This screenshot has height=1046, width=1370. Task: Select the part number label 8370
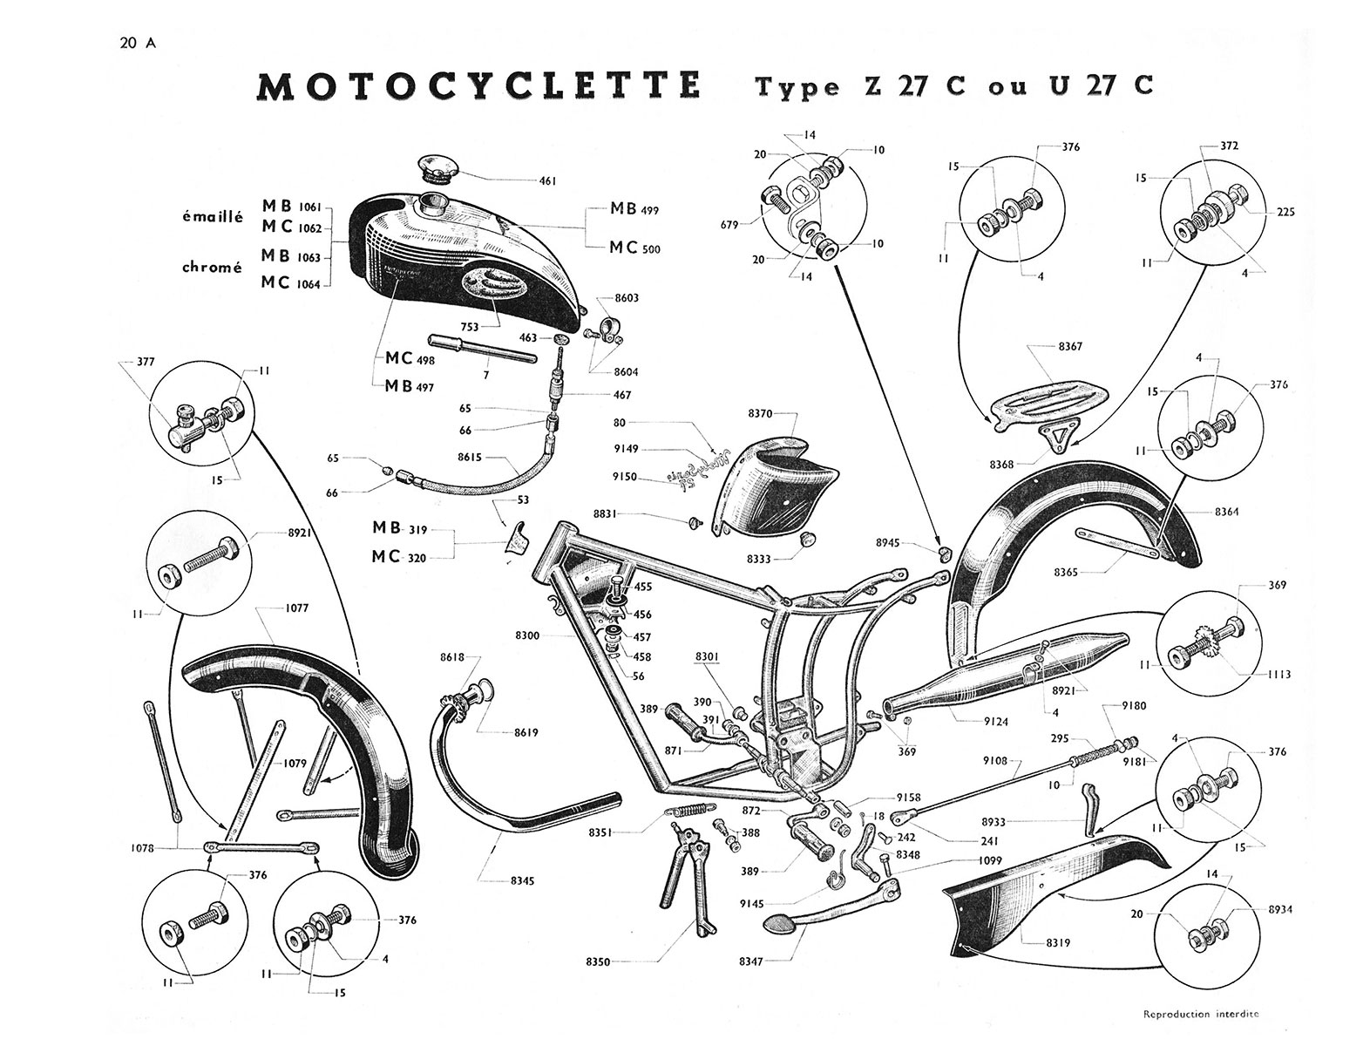pos(761,413)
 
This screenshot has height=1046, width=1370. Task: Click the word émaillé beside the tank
pos(211,218)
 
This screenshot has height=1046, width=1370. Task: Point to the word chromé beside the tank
pos(211,268)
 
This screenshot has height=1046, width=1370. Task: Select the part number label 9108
pos(994,760)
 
